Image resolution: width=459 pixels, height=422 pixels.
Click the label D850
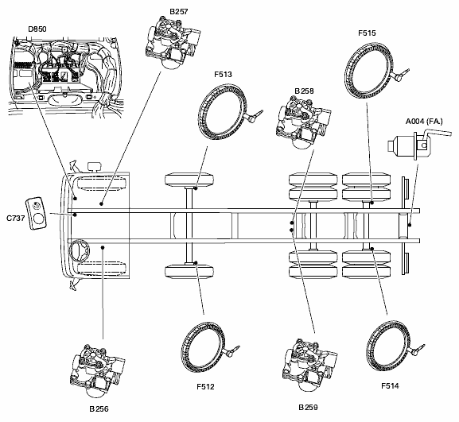pyautogui.click(x=37, y=29)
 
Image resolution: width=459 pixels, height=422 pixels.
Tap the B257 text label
pyautogui.click(x=178, y=11)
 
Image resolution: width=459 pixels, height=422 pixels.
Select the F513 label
pyautogui.click(x=223, y=74)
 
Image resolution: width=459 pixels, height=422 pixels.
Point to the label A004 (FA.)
pyautogui.click(x=424, y=121)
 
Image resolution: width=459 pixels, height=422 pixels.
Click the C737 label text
pyautogui.click(x=16, y=219)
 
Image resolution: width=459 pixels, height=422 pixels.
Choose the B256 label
pyautogui.click(x=99, y=408)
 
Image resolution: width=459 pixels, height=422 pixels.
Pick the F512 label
pyautogui.click(x=205, y=386)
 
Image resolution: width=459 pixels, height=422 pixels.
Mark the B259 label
pyautogui.click(x=308, y=407)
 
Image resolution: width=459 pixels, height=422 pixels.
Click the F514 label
pyautogui.click(x=390, y=386)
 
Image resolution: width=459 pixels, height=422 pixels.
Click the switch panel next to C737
pyautogui.click(x=36, y=213)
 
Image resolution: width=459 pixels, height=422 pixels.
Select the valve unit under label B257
pyautogui.click(x=173, y=42)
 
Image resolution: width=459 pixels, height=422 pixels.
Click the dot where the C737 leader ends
pyautogui.click(x=76, y=215)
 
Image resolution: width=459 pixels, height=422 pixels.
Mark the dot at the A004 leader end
pyautogui.click(x=410, y=225)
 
